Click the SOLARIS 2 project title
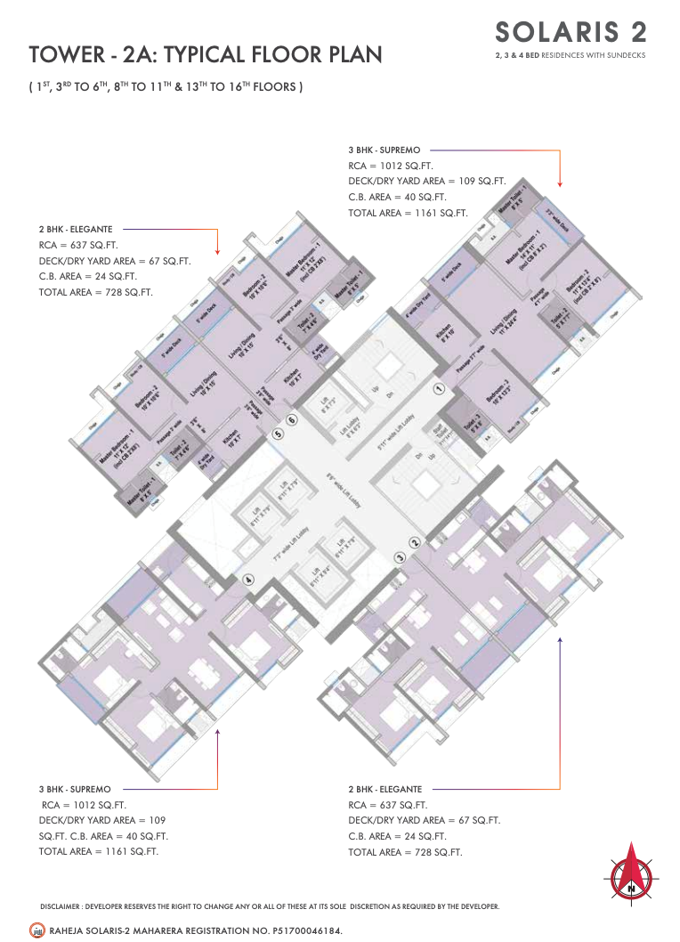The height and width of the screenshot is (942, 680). tap(571, 32)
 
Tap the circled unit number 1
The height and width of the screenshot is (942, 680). tap(438, 389)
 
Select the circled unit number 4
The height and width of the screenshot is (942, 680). tap(248, 580)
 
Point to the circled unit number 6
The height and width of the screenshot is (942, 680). tap(291, 419)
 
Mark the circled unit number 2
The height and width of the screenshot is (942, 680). tap(414, 542)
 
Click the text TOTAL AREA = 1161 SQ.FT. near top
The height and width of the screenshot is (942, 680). tap(408, 213)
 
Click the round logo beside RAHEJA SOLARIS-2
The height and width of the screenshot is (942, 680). tap(36, 930)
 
